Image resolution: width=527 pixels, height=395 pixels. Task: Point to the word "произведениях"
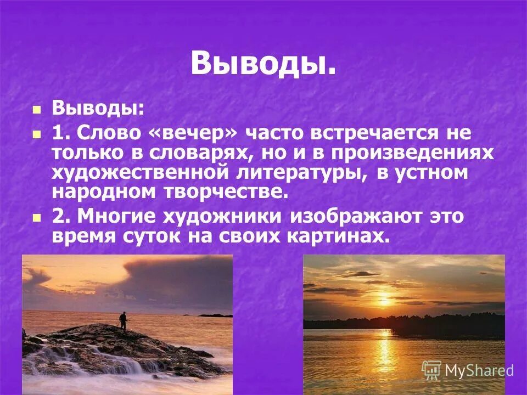[407, 153]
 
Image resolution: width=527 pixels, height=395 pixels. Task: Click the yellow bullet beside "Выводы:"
[37, 109]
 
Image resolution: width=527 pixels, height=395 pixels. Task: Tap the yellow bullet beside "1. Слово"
[37, 134]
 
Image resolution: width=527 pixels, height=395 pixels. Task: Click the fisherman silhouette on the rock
[123, 320]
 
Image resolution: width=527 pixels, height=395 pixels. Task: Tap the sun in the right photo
[384, 301]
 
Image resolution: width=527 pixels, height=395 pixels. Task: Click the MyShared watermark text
[479, 371]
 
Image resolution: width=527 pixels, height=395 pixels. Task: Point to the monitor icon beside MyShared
[431, 370]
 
